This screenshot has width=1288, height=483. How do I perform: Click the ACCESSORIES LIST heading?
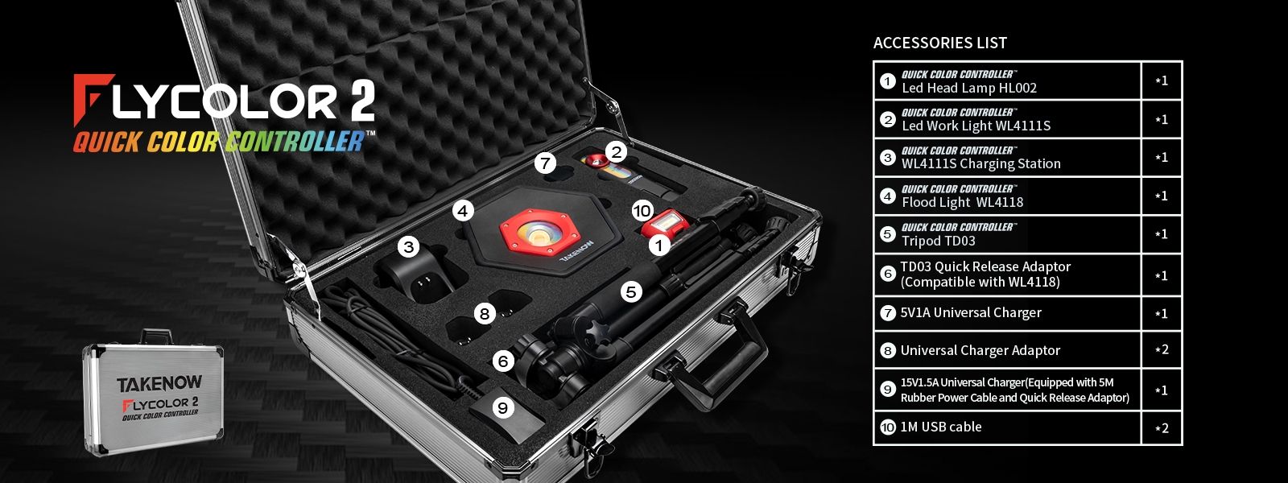(x=940, y=43)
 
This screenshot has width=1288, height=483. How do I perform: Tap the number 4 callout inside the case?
(x=463, y=211)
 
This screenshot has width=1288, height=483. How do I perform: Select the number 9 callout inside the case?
(x=503, y=407)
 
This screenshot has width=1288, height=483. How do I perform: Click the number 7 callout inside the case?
(x=545, y=163)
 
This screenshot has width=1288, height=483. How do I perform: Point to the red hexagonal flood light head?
(x=539, y=231)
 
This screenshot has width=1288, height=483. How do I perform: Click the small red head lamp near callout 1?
(x=661, y=224)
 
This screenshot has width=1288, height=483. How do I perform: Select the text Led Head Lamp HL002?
(x=969, y=88)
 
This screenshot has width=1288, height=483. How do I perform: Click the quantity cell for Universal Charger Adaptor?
(x=1162, y=349)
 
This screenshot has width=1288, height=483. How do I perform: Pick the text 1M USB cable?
(x=941, y=427)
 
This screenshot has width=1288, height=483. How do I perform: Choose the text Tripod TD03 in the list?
(x=939, y=241)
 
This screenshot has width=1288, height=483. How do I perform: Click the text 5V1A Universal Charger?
(x=971, y=312)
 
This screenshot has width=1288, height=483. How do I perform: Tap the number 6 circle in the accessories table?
(x=888, y=274)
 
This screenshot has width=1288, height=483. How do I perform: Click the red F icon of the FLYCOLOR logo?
(x=93, y=100)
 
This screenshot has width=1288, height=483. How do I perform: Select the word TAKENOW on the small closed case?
(x=159, y=383)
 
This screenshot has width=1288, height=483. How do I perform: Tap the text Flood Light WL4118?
(x=962, y=202)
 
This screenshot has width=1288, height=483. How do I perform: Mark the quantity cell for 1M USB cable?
(x=1162, y=427)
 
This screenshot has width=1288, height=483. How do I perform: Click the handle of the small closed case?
(x=156, y=335)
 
